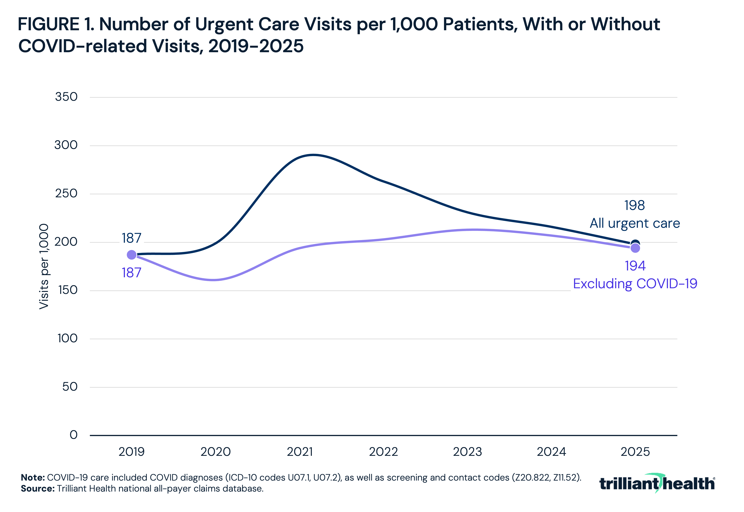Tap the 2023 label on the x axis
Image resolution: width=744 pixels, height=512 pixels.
(467, 452)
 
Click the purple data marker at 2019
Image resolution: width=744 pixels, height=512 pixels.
(132, 255)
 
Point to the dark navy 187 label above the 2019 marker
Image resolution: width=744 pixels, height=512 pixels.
(132, 238)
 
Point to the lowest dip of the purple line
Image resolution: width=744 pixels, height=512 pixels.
(213, 280)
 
